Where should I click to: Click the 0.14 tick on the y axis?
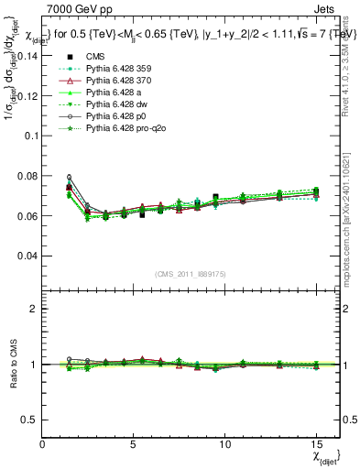pos(27,55)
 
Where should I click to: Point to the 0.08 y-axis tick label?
pos(27,176)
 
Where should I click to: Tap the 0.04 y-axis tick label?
pos(27,256)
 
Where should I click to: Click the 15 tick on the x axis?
pos(316,443)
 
